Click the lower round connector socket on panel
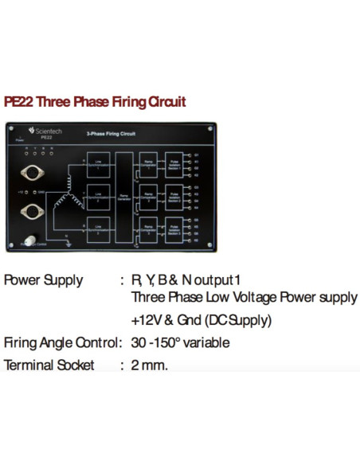[33, 211]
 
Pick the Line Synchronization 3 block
[98, 229]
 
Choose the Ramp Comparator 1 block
[147, 162]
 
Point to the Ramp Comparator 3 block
[147, 229]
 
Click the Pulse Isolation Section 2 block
[174, 196]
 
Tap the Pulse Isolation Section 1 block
[174, 162]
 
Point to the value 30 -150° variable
[181, 343]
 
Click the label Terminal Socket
[49, 365]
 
